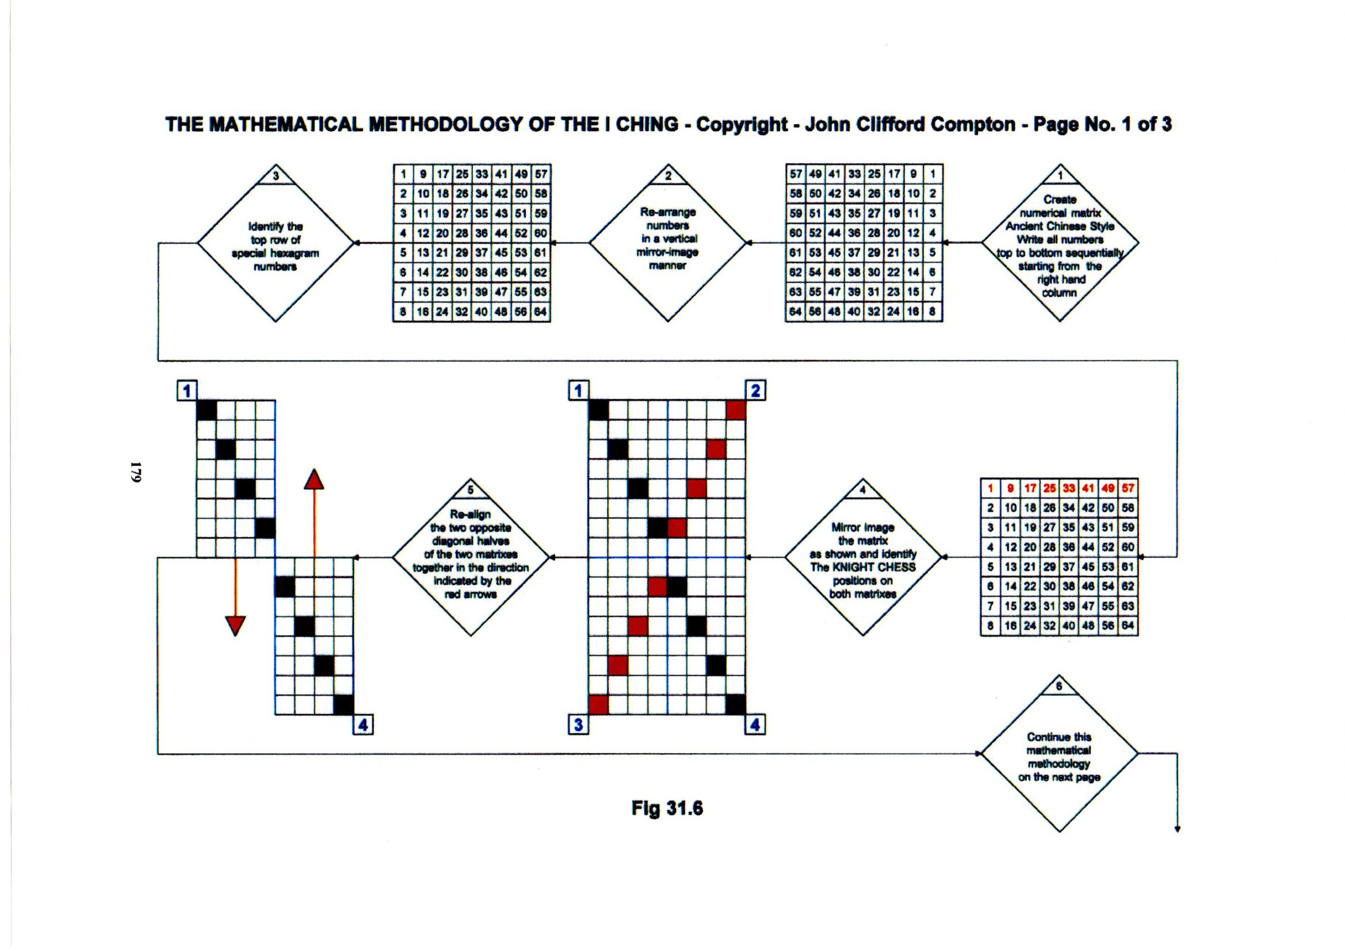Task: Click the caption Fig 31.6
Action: [667, 809]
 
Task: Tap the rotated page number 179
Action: [136, 472]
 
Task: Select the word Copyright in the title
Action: [742, 125]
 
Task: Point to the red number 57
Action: [1128, 488]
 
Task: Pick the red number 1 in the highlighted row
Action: [990, 488]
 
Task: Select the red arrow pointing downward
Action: [235, 626]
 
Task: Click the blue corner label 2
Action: [755, 390]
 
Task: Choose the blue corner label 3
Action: [578, 725]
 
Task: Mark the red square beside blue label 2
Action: [735, 411]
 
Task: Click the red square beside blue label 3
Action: [599, 705]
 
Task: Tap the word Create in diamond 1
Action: [1059, 200]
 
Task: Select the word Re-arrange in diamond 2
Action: [667, 212]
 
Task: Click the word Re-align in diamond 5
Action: [471, 514]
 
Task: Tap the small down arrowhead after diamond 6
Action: [1178, 829]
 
